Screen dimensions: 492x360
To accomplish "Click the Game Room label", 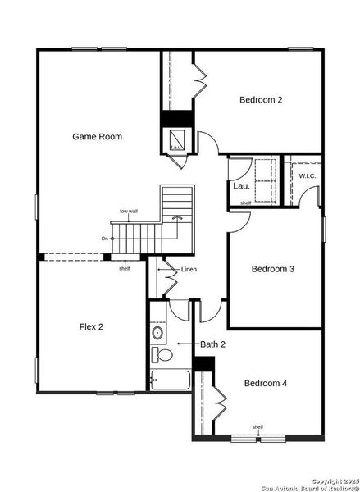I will [x=97, y=137].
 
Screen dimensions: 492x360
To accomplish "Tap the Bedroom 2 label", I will [x=261, y=100].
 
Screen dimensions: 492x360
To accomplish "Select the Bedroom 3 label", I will [x=272, y=269].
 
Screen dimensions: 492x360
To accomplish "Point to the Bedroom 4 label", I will [x=266, y=383].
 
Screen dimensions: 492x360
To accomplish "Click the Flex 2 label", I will [x=90, y=326].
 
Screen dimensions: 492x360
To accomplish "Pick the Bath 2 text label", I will [x=212, y=344].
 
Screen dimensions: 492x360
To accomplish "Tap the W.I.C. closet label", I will [x=308, y=176].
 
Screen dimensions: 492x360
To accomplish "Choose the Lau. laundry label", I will [x=241, y=186].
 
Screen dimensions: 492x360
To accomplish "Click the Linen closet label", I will [x=189, y=270].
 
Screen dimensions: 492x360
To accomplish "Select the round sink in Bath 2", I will [x=157, y=333].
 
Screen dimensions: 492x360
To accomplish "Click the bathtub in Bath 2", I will [x=170, y=380].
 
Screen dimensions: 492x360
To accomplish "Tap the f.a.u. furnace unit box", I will [x=175, y=141].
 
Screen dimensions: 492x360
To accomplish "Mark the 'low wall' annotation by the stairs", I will [x=128, y=212].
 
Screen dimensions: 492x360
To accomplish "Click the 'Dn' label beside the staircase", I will [x=105, y=239].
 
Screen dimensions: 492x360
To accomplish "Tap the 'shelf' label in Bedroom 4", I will [x=257, y=426].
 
